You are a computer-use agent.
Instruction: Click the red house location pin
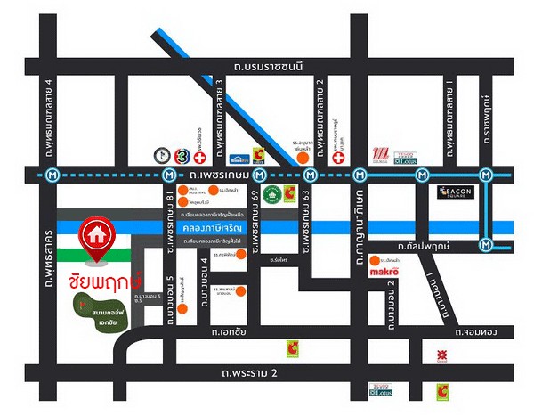[93, 234]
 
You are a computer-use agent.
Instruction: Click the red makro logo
[390, 270]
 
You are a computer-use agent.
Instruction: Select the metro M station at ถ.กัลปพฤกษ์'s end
[486, 243]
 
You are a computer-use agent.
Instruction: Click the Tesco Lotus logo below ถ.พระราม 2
[379, 389]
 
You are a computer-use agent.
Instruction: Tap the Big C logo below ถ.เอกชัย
[291, 348]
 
